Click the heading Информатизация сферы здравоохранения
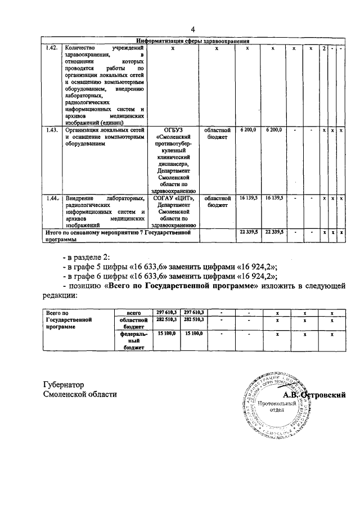(x=193, y=40)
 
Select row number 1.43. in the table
(x=52, y=129)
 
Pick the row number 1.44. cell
(x=52, y=198)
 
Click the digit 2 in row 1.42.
(x=323, y=48)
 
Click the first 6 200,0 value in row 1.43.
(x=248, y=129)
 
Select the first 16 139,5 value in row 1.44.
(x=248, y=198)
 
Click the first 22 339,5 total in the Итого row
(x=248, y=231)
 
